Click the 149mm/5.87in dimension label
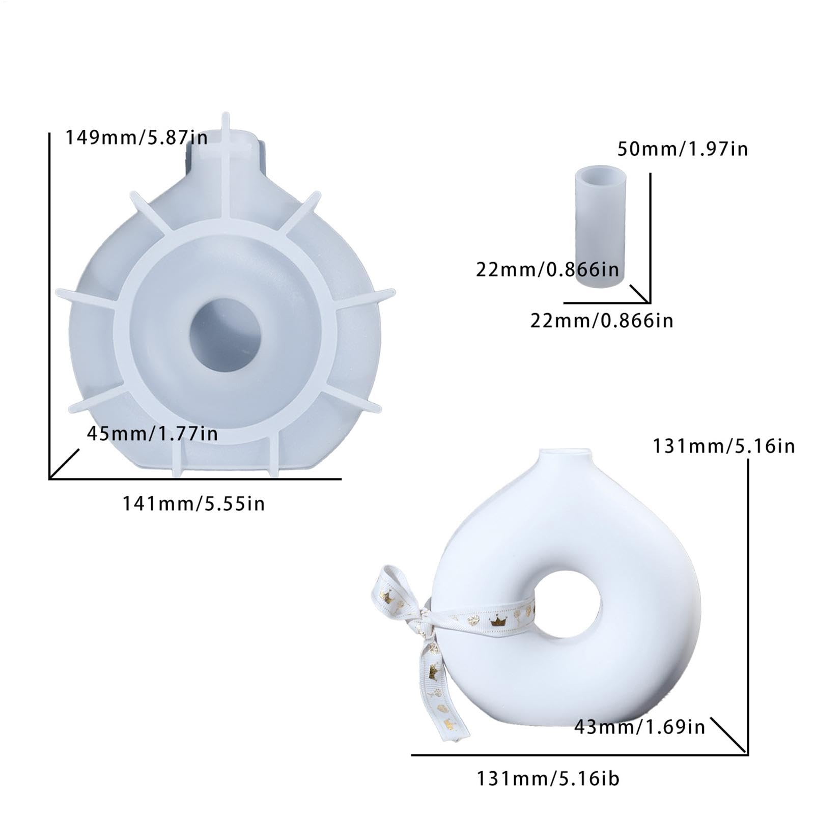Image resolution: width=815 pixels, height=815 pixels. coord(136,137)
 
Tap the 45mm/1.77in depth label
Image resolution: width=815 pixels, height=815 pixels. coord(152,434)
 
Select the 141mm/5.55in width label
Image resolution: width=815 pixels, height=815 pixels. coord(193,504)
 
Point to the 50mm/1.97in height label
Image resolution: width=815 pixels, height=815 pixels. coord(683,149)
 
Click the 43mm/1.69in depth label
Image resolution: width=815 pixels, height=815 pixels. coord(640,727)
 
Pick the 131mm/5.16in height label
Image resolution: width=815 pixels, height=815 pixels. coord(724,446)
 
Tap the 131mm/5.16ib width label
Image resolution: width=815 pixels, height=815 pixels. coord(548,779)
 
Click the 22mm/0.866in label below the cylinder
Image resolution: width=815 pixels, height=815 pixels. coord(602,321)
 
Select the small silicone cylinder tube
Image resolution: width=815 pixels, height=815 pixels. coord(600,226)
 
